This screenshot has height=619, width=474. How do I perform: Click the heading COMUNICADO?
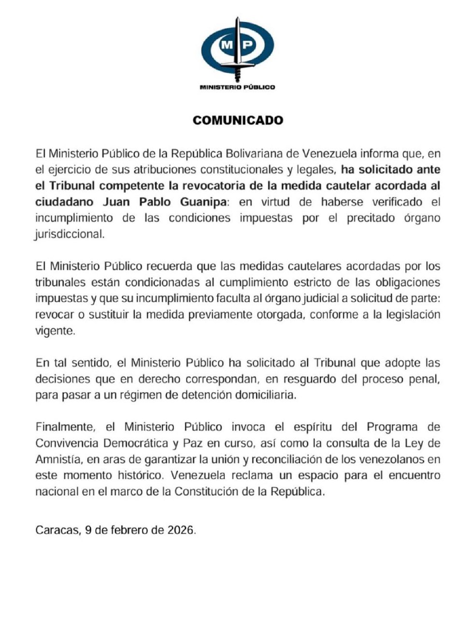[x=237, y=120]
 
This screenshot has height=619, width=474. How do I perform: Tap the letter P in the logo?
[x=247, y=45]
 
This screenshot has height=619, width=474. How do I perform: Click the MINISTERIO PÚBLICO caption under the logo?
[x=237, y=87]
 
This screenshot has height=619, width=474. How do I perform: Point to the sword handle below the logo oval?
[x=237, y=73]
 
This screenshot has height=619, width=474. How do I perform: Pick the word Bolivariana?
[x=256, y=154]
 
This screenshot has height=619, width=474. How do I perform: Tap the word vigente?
[x=56, y=331]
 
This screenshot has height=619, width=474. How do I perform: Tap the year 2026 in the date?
[x=181, y=530]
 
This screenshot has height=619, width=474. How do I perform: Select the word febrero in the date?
[x=130, y=530]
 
